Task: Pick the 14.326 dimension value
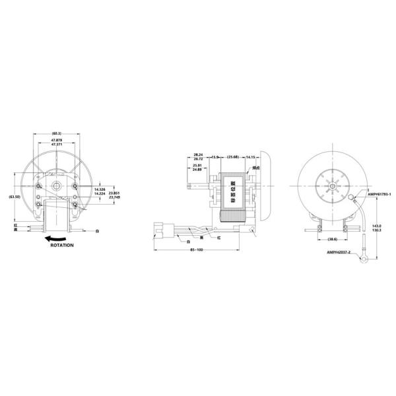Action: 99,189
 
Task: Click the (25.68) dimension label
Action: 232,158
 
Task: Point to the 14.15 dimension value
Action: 250,158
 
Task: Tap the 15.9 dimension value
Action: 214,158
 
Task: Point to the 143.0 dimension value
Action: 376,224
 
